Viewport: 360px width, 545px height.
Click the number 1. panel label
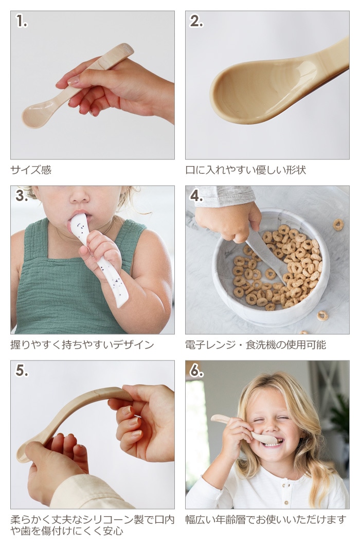[22, 22]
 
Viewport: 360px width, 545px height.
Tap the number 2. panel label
[196, 21]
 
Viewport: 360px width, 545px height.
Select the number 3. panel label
[22, 196]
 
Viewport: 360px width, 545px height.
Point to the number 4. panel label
[196, 196]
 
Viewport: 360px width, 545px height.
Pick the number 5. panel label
[22, 371]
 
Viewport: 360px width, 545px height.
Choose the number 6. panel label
[196, 371]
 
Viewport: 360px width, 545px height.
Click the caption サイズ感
[31, 170]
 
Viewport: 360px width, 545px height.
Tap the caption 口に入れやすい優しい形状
[245, 170]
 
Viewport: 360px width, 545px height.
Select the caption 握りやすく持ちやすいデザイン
[82, 345]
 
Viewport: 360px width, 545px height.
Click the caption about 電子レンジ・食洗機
[256, 345]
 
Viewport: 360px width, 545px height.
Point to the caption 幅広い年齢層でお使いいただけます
[266, 520]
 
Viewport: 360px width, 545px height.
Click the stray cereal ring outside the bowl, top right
[338, 225]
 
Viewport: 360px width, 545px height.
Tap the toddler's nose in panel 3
[80, 198]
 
